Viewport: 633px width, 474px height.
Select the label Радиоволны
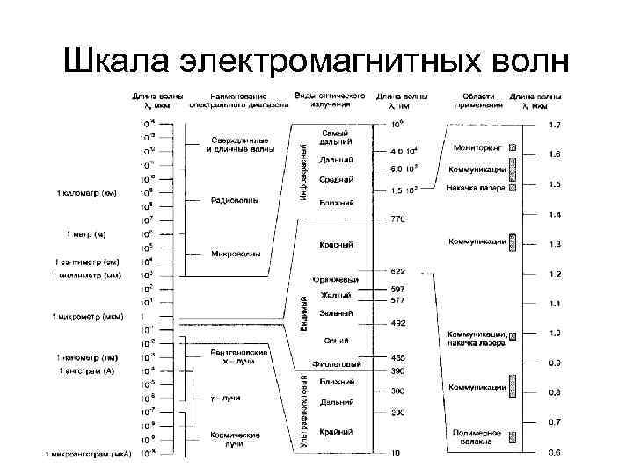coord(235,200)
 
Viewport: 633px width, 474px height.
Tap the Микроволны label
coord(235,255)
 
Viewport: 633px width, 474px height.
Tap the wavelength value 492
coord(398,323)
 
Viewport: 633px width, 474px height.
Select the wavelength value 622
coord(398,270)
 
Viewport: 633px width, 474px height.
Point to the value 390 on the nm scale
coord(398,370)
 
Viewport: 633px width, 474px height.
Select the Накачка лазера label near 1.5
coord(477,187)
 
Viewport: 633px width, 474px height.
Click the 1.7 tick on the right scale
coord(555,126)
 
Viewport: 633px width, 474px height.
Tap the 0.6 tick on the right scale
coord(555,453)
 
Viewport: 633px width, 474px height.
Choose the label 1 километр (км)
coord(87,192)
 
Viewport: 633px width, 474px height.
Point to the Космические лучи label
coord(234,440)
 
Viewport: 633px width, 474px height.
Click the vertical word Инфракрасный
coord(302,168)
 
